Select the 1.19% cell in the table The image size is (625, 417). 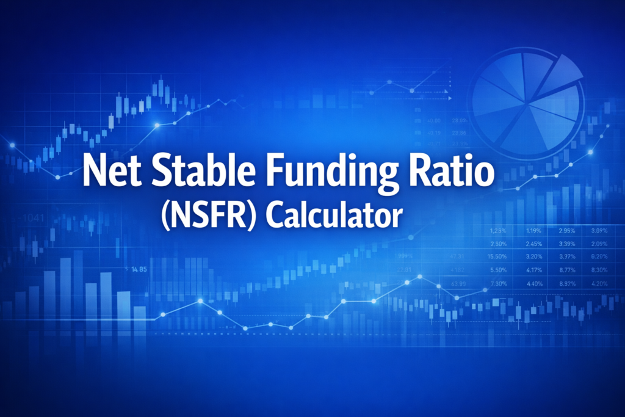coord(533,231)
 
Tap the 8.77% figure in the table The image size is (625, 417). coord(566,270)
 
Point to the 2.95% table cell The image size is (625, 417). coord(566,231)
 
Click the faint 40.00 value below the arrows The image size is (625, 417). coord(436,121)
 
